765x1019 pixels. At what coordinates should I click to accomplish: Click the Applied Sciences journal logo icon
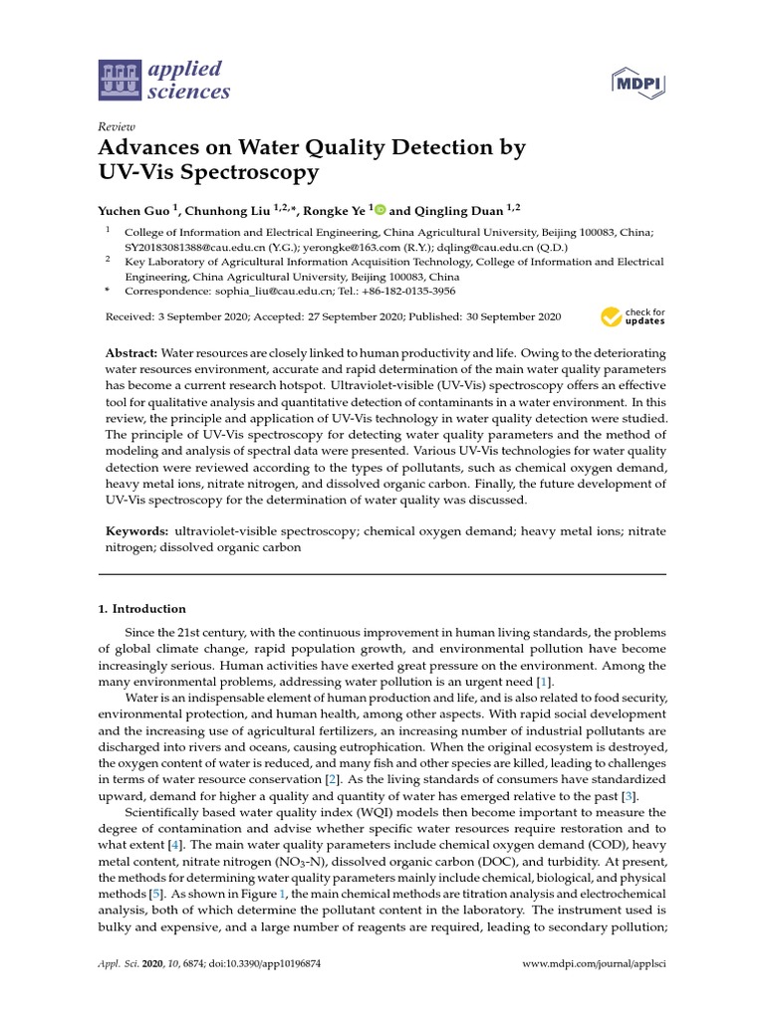click(x=121, y=81)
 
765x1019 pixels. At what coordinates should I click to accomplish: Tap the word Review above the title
click(x=117, y=127)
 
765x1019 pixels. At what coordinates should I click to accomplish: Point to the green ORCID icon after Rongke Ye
click(x=381, y=210)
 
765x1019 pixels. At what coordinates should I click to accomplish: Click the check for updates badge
click(x=633, y=317)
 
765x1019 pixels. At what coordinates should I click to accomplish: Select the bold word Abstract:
click(x=131, y=354)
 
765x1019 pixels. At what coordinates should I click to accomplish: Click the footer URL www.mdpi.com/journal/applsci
click(x=595, y=965)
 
